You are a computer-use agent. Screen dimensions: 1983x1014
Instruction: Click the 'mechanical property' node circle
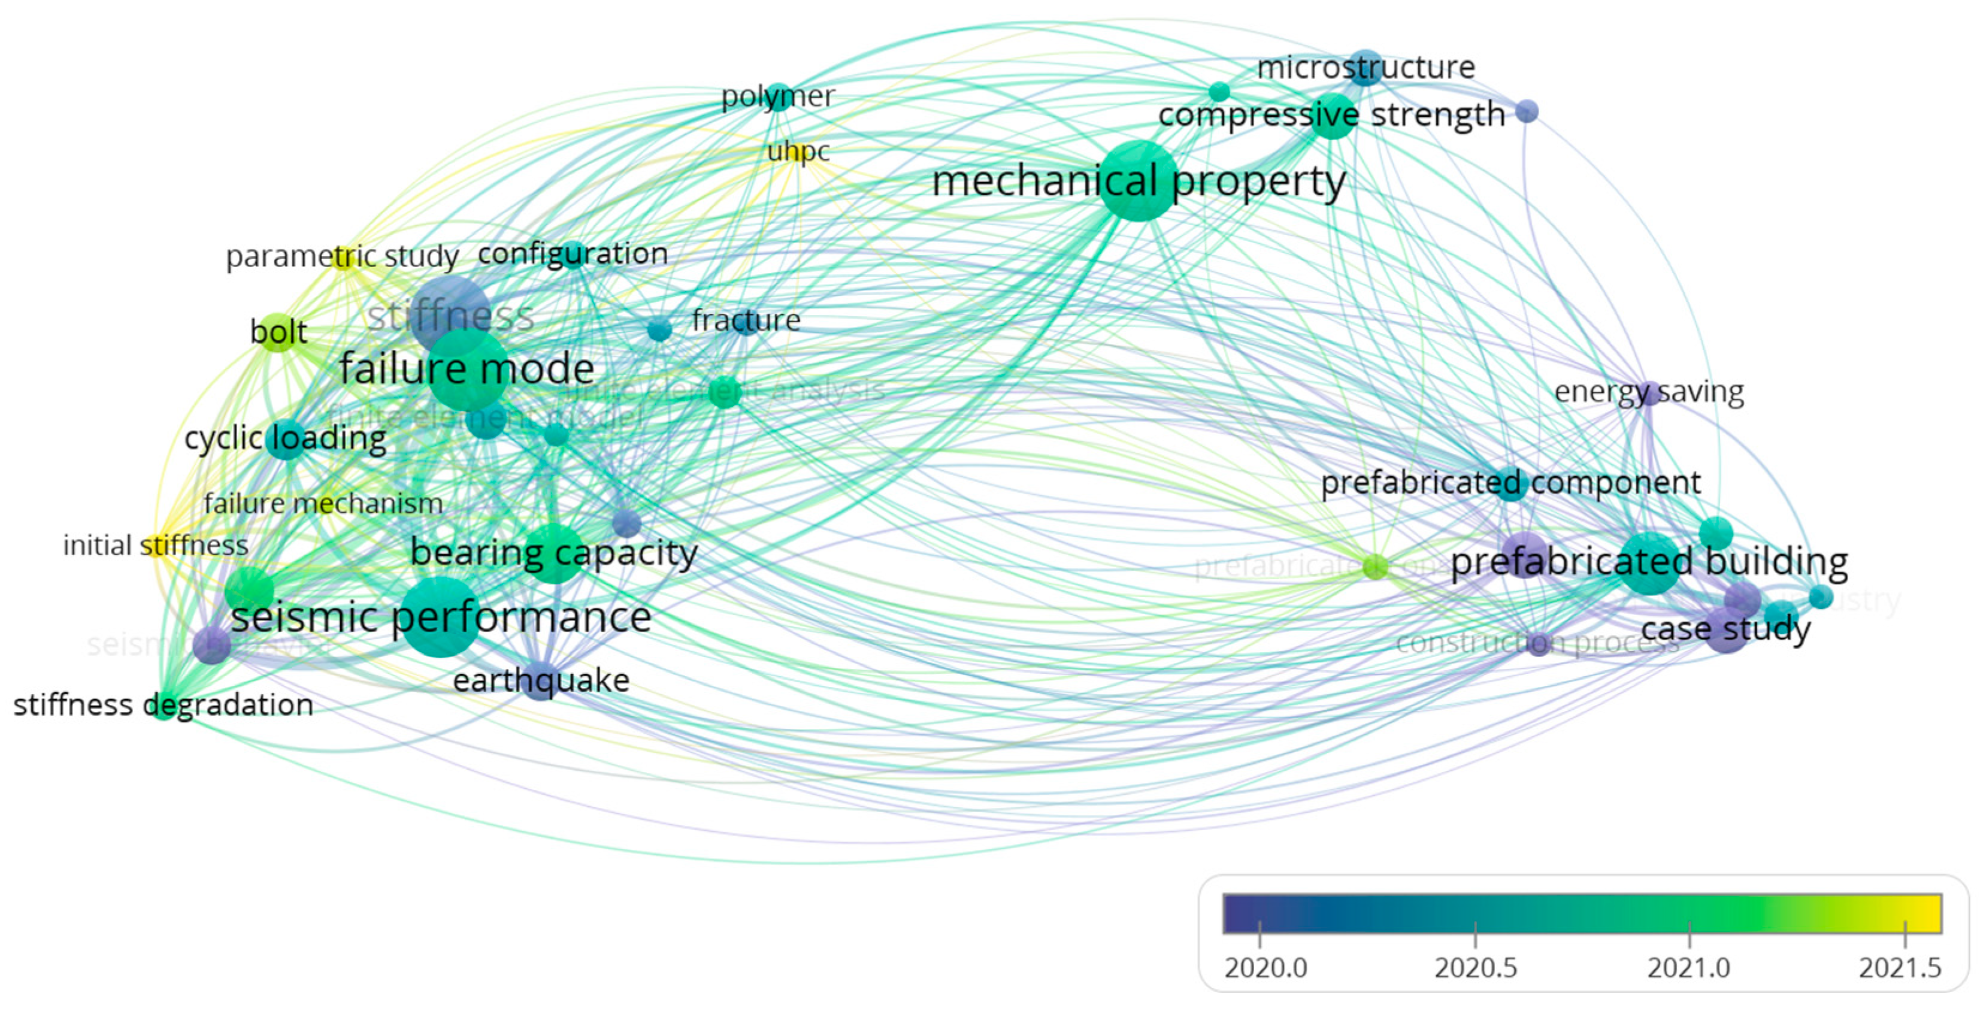coord(1138,181)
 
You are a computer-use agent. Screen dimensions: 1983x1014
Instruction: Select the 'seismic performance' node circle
coord(440,618)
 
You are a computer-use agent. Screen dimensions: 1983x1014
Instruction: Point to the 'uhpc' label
coord(798,152)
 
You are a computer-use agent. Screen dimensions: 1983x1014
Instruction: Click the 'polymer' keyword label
coord(777,97)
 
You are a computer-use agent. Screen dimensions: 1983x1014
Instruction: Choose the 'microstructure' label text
coord(1366,68)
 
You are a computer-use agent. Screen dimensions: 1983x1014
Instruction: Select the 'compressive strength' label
coord(1331,116)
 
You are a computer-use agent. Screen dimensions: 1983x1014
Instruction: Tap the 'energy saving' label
coord(1648,392)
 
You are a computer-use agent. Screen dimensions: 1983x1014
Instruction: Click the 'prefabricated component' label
coord(1510,483)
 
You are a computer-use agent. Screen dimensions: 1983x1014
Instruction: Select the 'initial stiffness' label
coord(156,546)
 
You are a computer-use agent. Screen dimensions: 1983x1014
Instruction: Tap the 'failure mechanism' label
coord(323,504)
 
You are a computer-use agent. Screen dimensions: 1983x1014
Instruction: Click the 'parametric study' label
coord(342,256)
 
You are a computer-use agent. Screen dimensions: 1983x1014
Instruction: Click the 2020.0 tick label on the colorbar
coord(1266,968)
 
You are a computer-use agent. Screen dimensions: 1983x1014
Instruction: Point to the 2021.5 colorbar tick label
coord(1900,968)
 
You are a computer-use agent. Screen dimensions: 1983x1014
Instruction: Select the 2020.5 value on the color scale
coord(1476,968)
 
